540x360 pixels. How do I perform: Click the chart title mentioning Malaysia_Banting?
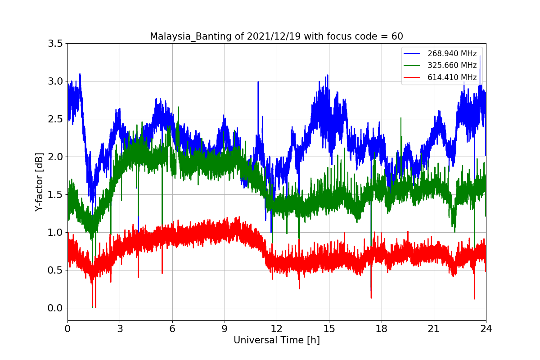click(276, 36)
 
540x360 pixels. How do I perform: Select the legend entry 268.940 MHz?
click(452, 54)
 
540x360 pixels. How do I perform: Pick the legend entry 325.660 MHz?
click(452, 65)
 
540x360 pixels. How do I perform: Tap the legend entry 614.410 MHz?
click(452, 77)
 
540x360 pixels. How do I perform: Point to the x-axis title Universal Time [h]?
click(276, 341)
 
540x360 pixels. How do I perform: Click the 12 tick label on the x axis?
click(277, 329)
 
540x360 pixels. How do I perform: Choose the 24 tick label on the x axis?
click(486, 329)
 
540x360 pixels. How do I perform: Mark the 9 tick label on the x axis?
click(225, 329)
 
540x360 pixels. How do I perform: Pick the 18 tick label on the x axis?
click(381, 329)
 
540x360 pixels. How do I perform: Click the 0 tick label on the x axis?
click(67, 329)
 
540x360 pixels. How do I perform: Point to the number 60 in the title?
click(397, 36)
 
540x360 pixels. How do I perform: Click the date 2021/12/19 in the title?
click(274, 36)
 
